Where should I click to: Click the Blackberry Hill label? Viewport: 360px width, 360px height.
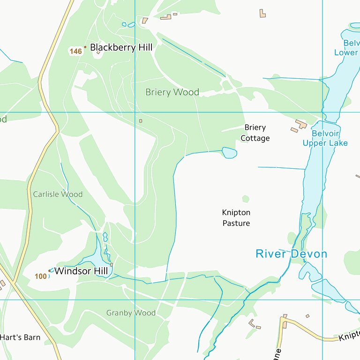point(121,47)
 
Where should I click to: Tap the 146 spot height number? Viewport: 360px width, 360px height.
point(75,52)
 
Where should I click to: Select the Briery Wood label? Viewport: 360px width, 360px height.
point(172,92)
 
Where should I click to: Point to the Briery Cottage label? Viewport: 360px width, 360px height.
point(255,133)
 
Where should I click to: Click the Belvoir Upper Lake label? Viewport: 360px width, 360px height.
point(325,138)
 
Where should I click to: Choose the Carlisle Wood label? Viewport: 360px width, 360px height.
point(58,194)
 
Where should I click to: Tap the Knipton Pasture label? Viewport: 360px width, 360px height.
point(236,218)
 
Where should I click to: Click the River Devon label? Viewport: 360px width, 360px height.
point(291,254)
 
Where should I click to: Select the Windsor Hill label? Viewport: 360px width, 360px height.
point(81,271)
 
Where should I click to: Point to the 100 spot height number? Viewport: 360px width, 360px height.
point(41,277)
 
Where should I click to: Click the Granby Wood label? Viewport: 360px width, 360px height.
point(131,313)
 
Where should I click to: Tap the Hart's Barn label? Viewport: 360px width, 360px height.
point(20,337)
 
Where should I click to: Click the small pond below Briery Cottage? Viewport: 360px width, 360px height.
point(229,153)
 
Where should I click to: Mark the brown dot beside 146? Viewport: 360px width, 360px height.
point(85,47)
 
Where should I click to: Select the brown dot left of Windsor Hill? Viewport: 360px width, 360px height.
point(50,270)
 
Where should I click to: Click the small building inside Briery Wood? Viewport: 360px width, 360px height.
point(140,120)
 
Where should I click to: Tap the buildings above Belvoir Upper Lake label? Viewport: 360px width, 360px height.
point(299,126)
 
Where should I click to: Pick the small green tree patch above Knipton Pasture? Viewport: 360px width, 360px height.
point(246,199)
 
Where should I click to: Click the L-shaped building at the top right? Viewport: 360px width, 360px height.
point(262,13)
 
